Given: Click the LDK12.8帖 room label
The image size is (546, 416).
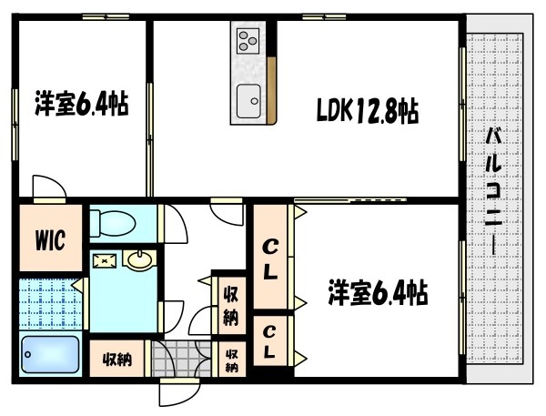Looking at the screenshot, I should [367, 112].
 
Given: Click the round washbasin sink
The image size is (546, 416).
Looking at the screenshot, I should [139, 262].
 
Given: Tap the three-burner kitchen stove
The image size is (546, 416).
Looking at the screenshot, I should [249, 38].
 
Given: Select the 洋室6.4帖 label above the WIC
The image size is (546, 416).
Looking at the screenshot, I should [80, 104].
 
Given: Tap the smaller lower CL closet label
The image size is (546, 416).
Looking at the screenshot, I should [271, 340].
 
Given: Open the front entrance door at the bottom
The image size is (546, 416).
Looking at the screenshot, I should [172, 393].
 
